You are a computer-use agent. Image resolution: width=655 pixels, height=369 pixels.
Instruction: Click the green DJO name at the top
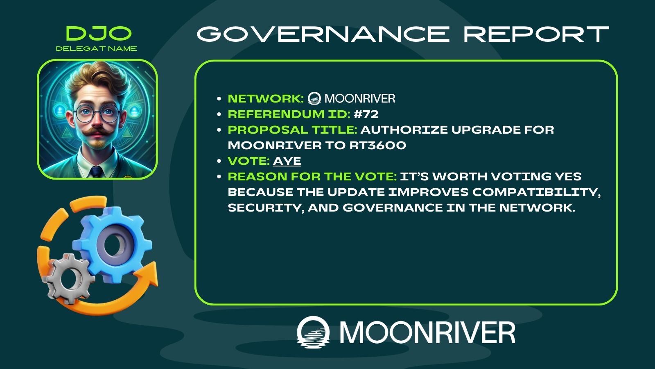(x=99, y=33)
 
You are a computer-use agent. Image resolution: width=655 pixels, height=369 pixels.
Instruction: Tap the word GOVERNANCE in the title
(x=323, y=34)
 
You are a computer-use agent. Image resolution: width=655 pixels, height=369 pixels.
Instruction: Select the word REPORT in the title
(x=536, y=34)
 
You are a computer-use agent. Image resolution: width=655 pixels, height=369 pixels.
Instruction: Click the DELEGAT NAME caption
(x=96, y=49)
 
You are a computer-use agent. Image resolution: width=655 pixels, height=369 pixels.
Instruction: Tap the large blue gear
(x=112, y=244)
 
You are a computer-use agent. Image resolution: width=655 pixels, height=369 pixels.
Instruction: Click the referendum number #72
(x=366, y=114)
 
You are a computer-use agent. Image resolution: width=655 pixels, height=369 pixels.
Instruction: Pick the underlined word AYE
(x=287, y=162)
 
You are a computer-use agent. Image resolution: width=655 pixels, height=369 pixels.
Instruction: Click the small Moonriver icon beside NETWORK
(x=314, y=98)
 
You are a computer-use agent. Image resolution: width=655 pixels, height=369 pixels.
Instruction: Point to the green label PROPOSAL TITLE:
(x=292, y=130)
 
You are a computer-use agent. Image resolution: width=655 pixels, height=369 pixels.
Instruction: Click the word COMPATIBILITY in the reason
(x=536, y=192)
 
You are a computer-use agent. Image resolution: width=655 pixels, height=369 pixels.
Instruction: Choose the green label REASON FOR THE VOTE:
(x=312, y=177)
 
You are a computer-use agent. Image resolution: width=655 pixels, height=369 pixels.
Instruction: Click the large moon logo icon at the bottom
(x=313, y=332)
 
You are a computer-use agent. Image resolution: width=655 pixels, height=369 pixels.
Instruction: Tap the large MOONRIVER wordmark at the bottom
(x=427, y=333)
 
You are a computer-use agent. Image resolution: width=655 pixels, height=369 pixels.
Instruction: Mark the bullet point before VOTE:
(x=219, y=161)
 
